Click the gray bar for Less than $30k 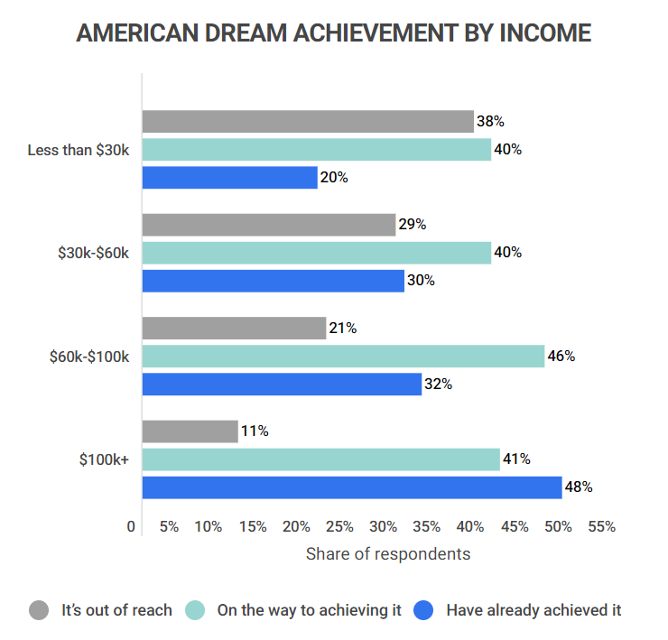point(307,122)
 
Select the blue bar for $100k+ point(351,487)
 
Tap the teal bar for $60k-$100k point(343,356)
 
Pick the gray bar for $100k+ point(190,431)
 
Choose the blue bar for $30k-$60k point(273,281)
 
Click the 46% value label point(561,356)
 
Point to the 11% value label point(255,431)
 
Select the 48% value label point(578,487)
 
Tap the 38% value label point(490,122)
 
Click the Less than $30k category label point(79,150)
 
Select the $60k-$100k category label point(89,357)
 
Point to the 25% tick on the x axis point(339,527)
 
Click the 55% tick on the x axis point(601,527)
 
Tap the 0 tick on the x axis point(132,527)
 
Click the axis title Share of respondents point(388,553)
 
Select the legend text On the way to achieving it point(309,610)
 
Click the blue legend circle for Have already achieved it point(424,610)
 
